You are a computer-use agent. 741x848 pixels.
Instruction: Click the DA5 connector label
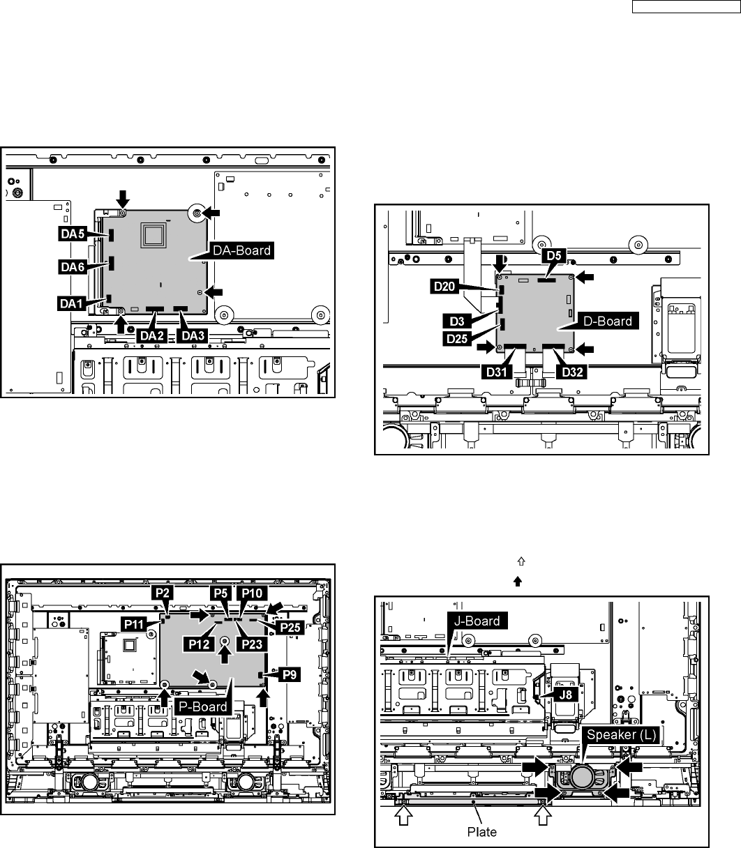(72, 234)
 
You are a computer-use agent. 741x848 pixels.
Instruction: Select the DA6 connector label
(72, 266)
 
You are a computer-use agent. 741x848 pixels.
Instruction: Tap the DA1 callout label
(71, 303)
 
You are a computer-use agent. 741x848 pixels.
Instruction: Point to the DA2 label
(154, 335)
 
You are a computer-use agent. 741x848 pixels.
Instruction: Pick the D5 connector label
(555, 256)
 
